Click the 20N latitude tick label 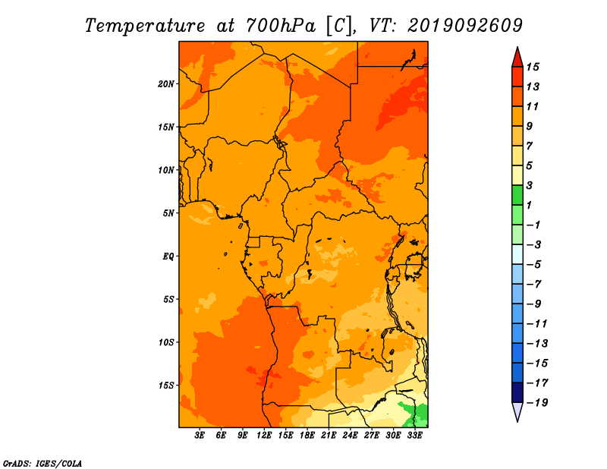(x=165, y=84)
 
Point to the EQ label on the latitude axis (x=168, y=257)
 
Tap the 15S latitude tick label (x=166, y=386)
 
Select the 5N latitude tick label (x=168, y=213)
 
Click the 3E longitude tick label (x=200, y=436)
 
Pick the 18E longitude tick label (x=307, y=436)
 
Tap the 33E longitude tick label (x=414, y=436)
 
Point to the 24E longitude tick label (x=350, y=436)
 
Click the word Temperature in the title (x=145, y=27)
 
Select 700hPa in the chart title (x=280, y=26)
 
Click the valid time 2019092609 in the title (x=465, y=26)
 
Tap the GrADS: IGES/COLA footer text (x=42, y=464)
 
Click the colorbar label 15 (x=533, y=67)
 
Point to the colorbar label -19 (x=537, y=403)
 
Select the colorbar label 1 (x=529, y=205)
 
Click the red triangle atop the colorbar (x=517, y=58)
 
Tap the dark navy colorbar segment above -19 (x=517, y=392)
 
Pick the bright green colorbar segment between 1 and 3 (x=517, y=195)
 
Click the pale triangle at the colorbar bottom (x=517, y=411)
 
